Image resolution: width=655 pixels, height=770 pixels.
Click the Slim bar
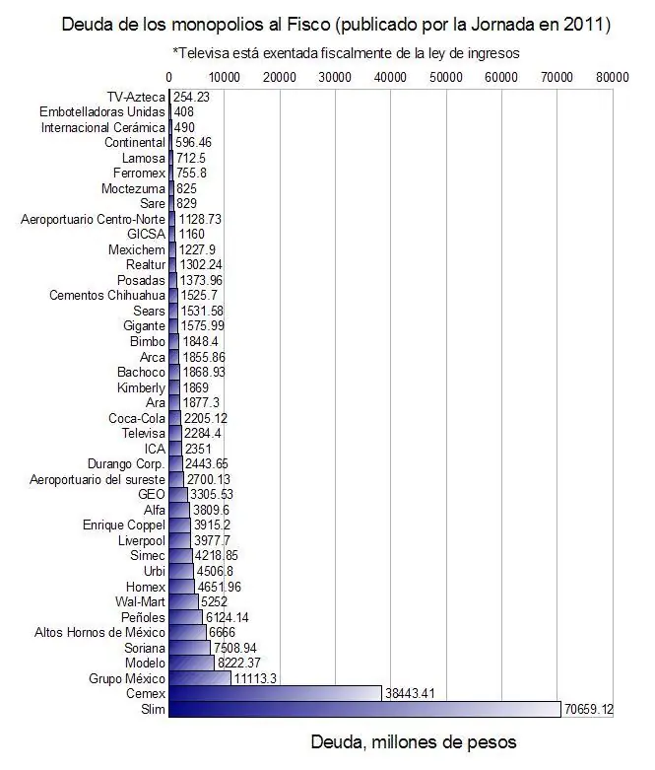pyautogui.click(x=364, y=709)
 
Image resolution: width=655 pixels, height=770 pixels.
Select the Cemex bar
pyautogui.click(x=275, y=693)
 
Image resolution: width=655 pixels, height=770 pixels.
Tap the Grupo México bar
pyautogui.click(x=200, y=678)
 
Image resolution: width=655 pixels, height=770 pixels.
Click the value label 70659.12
pyautogui.click(x=588, y=709)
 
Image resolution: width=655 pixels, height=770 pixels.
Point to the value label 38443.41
pyautogui.click(x=410, y=693)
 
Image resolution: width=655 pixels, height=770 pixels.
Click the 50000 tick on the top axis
pyautogui.click(x=446, y=78)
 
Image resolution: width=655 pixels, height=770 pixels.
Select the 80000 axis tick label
pyautogui.click(x=613, y=78)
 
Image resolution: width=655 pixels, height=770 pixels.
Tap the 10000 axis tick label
pyautogui.click(x=225, y=78)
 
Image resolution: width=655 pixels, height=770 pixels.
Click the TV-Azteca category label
pyautogui.click(x=136, y=97)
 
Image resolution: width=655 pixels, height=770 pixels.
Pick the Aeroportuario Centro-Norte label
pyautogui.click(x=93, y=219)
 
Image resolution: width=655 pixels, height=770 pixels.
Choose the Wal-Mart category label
pyautogui.click(x=140, y=601)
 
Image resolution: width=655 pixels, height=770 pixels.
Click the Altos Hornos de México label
pyautogui.click(x=99, y=633)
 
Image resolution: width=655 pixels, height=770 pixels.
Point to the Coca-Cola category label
pyautogui.click(x=137, y=418)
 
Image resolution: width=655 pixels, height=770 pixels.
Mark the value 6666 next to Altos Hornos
pyautogui.click(x=223, y=633)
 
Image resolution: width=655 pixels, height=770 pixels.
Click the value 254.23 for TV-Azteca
pyautogui.click(x=191, y=97)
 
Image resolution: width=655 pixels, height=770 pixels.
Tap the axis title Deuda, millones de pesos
pyautogui.click(x=414, y=742)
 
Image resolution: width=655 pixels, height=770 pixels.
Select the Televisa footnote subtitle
pyautogui.click(x=346, y=53)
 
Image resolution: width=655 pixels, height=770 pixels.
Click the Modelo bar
pyautogui.click(x=191, y=663)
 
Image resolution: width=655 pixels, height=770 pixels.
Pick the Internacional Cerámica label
pyautogui.click(x=103, y=128)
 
